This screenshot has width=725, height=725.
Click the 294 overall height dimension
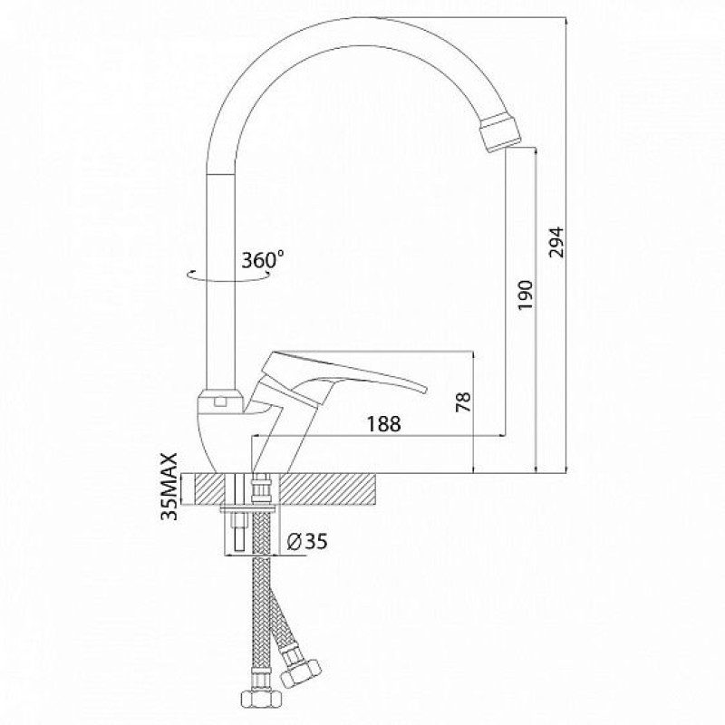[x=556, y=241]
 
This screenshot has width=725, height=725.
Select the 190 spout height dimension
[x=526, y=295]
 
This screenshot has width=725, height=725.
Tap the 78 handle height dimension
[x=464, y=401]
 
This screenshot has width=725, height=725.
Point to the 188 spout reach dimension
[x=383, y=423]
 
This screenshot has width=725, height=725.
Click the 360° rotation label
[x=264, y=260]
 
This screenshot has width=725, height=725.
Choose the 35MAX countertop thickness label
[x=169, y=487]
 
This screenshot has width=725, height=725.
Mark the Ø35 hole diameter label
[x=307, y=540]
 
